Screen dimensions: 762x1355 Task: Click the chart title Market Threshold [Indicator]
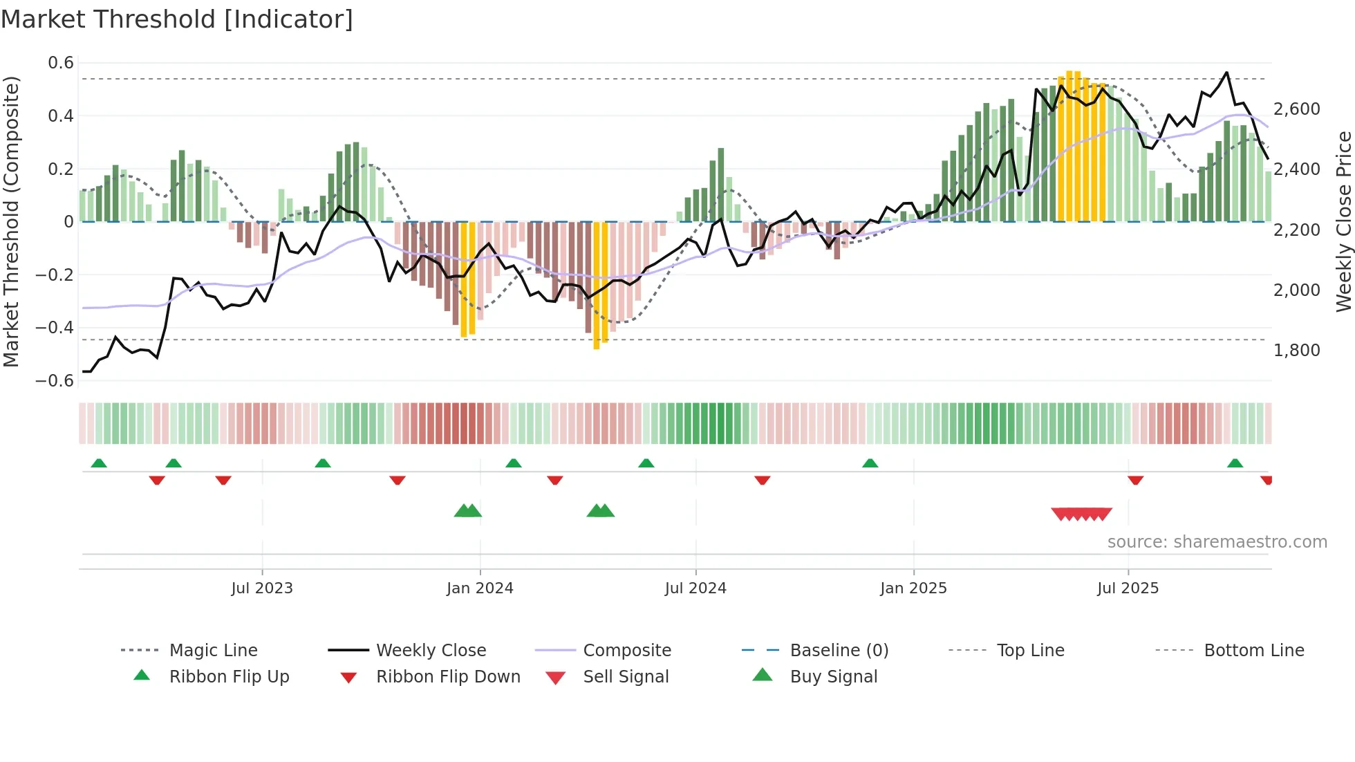[177, 19]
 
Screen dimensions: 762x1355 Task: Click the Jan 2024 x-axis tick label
[480, 588]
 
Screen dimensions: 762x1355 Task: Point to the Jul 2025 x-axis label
[1128, 588]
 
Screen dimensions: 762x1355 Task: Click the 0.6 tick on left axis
[61, 63]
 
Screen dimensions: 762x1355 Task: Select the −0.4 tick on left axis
[55, 328]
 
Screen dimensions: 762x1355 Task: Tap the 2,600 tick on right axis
[1296, 109]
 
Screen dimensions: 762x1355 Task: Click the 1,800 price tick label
[1296, 351]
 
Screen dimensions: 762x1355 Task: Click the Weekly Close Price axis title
[1343, 221]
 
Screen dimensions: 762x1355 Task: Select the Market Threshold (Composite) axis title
[11, 221]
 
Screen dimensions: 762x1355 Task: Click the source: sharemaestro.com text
[1217, 542]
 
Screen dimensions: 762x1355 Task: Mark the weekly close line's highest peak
[1226, 72]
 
